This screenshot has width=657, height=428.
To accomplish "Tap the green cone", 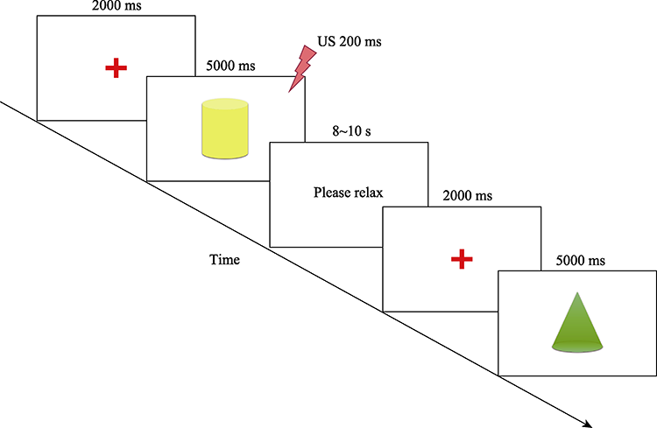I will tap(577, 323).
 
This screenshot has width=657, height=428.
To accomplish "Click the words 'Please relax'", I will tap(349, 193).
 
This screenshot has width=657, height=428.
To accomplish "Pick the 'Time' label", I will tap(225, 260).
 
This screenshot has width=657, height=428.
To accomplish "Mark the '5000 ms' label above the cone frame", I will tap(579, 261).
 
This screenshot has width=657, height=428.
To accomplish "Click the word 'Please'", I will tap(331, 193).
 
